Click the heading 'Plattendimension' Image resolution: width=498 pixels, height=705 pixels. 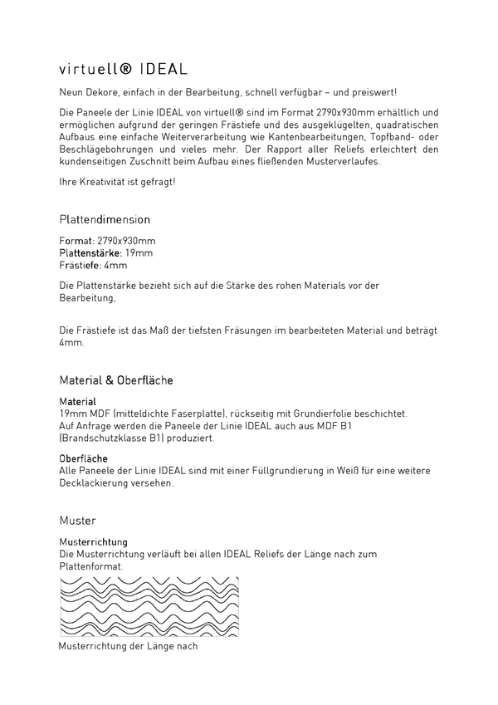click(x=105, y=220)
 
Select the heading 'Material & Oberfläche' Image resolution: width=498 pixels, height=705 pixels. click(x=116, y=380)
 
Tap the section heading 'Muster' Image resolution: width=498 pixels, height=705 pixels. click(x=78, y=521)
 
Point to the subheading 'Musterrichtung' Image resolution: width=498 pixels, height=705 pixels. click(x=93, y=541)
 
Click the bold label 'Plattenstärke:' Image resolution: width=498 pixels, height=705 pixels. click(x=90, y=252)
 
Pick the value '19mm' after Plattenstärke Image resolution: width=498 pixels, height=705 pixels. click(x=139, y=252)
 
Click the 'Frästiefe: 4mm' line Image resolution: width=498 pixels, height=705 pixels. click(x=94, y=265)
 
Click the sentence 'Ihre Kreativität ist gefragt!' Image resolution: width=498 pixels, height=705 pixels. click(x=118, y=181)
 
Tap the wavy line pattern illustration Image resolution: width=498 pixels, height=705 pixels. click(x=149, y=605)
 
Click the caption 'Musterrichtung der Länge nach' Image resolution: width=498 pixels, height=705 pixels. click(x=129, y=645)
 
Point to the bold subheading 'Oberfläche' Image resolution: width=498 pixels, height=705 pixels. click(x=84, y=458)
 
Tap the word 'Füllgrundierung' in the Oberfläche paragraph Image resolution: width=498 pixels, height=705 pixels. click(x=292, y=471)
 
